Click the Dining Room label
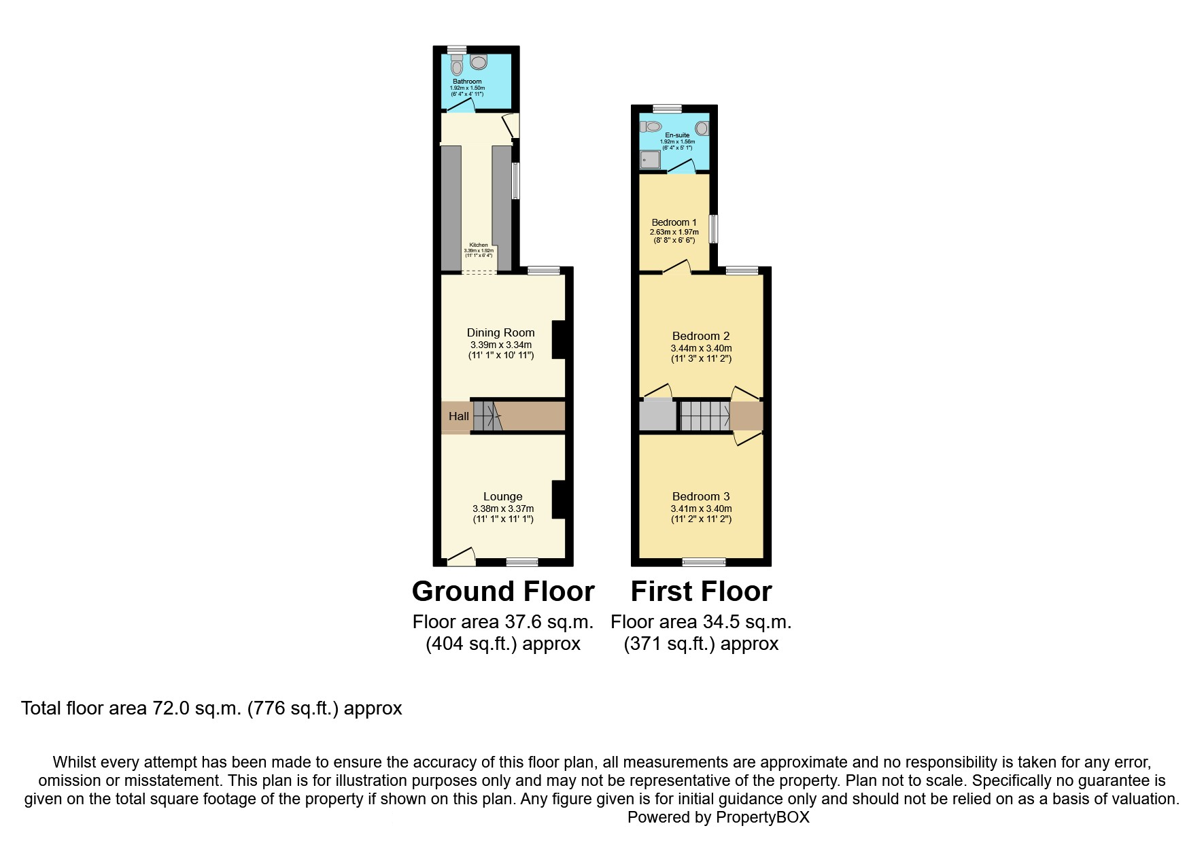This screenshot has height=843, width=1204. [x=500, y=332]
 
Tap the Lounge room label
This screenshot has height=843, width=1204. [x=502, y=497]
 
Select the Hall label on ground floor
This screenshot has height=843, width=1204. [x=458, y=416]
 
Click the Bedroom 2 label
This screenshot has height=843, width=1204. [x=700, y=336]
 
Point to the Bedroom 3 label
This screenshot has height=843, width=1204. [x=700, y=496]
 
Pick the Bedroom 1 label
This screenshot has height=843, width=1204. [x=674, y=222]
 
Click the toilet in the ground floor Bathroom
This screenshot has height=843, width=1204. [x=457, y=66]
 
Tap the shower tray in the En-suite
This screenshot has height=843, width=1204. [x=650, y=159]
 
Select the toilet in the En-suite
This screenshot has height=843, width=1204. [x=651, y=126]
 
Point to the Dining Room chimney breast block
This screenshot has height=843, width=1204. [x=558, y=339]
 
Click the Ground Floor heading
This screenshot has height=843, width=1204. [x=503, y=591]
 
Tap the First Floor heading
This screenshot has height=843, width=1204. [x=701, y=591]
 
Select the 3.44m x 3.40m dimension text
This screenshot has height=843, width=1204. [x=701, y=348]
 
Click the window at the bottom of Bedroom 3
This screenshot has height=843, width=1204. [x=704, y=562]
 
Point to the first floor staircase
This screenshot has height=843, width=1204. [x=705, y=415]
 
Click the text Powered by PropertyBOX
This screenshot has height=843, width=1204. [x=718, y=817]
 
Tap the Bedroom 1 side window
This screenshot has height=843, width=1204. [x=713, y=229]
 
